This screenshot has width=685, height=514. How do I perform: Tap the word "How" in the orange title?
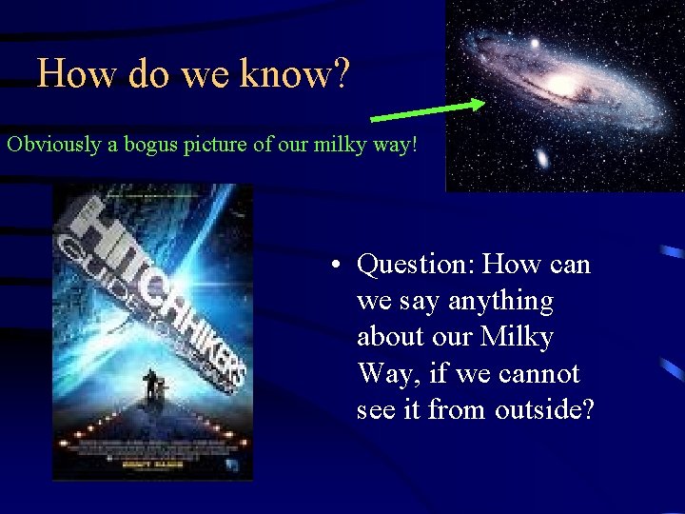click(68, 73)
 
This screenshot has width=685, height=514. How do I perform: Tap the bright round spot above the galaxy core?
click(534, 44)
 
